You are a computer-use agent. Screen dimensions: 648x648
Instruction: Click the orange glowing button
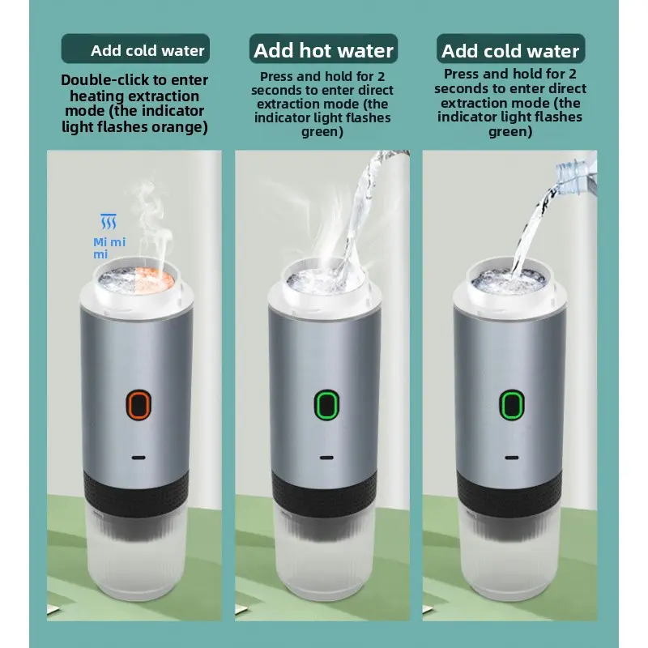pos(139,404)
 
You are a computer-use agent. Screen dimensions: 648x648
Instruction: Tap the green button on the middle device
pos(326,404)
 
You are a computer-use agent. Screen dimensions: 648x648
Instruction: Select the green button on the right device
pos(512,404)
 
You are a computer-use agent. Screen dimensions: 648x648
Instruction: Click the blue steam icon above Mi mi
pos(109,221)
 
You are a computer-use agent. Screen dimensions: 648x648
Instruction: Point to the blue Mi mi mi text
pos(109,248)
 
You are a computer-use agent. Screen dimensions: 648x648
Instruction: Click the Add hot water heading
pos(323,50)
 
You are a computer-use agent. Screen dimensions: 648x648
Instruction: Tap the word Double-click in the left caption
pos(105,79)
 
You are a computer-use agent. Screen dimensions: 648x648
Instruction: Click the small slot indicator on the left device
pos(139,458)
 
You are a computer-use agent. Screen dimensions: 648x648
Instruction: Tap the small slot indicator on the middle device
pos(326,458)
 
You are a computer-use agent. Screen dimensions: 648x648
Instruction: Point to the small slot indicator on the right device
pos(512,458)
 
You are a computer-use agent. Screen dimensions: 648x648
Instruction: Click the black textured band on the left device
pos(137,493)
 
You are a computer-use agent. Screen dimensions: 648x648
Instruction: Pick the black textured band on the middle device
pos(325,493)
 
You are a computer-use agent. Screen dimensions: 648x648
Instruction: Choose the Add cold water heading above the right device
pos(510,51)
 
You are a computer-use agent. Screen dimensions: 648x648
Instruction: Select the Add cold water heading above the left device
pos(147,50)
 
